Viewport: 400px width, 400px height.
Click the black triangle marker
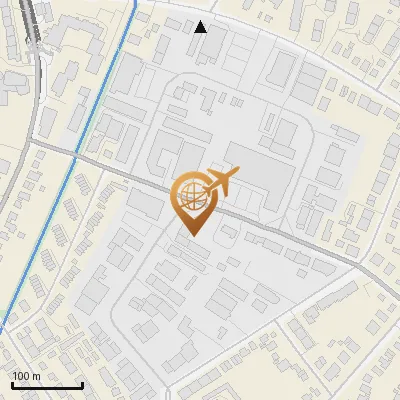coord(201,27)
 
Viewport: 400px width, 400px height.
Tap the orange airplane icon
coord(219,183)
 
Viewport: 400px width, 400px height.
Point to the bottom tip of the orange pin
coord(191,236)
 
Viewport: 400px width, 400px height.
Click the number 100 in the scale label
coord(22,376)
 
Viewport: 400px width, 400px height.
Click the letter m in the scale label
coord(37,376)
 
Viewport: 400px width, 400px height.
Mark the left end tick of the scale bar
coord(12,384)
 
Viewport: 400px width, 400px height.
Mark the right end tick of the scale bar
coord(83,384)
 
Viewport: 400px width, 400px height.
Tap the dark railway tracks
coord(38,40)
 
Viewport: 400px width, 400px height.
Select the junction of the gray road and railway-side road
coord(36,145)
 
